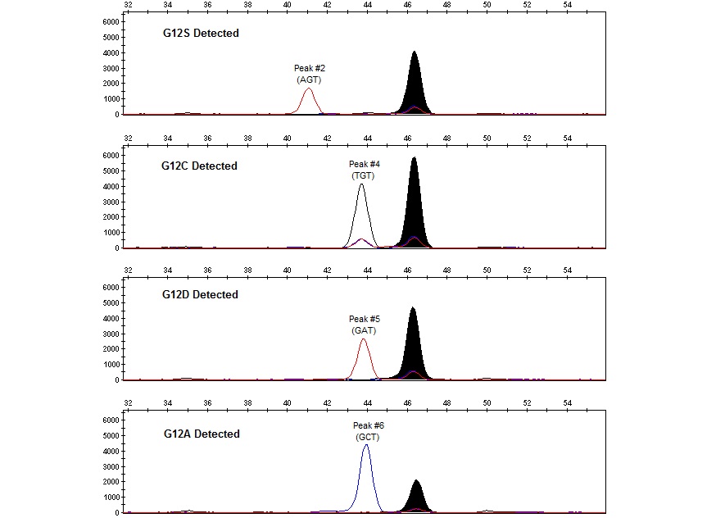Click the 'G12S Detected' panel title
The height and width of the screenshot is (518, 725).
200,34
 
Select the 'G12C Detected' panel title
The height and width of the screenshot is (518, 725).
199,166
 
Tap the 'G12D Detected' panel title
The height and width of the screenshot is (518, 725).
200,294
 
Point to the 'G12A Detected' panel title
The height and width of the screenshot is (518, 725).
200,434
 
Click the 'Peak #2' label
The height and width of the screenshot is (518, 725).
309,68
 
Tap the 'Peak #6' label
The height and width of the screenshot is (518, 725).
368,425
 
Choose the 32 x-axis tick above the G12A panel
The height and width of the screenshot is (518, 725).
128,402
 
